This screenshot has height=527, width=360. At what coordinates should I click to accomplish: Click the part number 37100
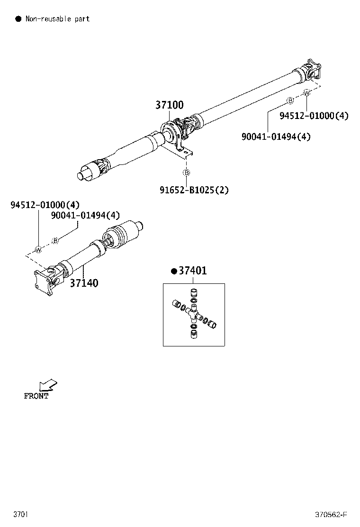(x=169, y=105)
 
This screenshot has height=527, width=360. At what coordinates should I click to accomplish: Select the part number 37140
(x=84, y=283)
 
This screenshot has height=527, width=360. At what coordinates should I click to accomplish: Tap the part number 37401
(x=192, y=271)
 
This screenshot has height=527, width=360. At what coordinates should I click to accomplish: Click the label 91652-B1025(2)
(x=194, y=190)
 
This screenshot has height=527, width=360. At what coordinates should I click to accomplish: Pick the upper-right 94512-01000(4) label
(x=314, y=116)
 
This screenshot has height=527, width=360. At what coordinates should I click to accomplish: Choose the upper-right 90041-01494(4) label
(x=276, y=136)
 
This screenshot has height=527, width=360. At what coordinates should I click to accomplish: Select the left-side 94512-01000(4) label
(x=45, y=205)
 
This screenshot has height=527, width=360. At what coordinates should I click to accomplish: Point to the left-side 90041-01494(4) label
(x=86, y=216)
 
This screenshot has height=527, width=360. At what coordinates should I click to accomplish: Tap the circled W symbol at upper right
(x=306, y=93)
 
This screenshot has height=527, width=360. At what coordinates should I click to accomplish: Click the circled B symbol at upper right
(x=290, y=100)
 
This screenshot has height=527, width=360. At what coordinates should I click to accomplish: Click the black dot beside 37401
(x=174, y=271)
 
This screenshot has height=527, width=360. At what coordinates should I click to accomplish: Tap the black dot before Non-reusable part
(x=18, y=19)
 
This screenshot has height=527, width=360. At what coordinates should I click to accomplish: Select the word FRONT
(x=36, y=396)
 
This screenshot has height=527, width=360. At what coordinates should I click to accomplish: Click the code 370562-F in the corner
(x=331, y=515)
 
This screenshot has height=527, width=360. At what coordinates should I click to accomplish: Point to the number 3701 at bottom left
(x=20, y=515)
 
